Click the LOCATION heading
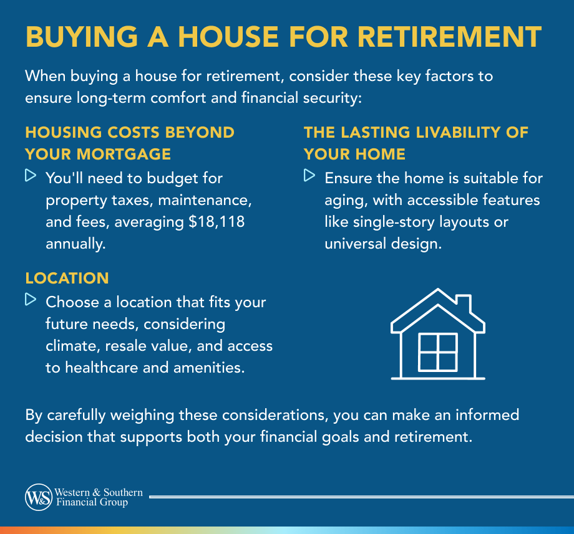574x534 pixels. tap(67, 278)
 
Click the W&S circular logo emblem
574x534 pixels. tap(39, 497)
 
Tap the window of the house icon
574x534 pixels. tap(437, 352)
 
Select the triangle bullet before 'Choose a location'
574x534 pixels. tap(30, 300)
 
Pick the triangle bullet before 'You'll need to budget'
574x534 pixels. tap(30, 176)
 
